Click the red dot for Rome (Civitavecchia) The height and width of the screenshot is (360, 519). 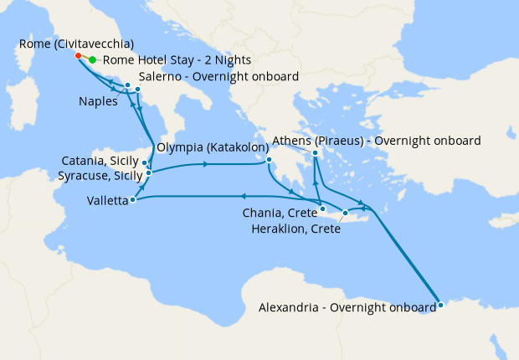tap(79, 56)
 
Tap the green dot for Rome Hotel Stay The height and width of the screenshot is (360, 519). tap(92, 60)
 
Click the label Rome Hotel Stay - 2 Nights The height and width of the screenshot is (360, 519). tap(177, 60)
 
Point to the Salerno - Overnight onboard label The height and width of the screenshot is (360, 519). tap(219, 77)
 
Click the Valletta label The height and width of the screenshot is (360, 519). tap(107, 201)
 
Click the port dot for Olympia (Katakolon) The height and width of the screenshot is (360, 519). tap(269, 161)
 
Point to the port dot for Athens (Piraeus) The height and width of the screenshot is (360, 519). tap(315, 153)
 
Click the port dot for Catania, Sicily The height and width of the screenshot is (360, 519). tap(146, 163)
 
